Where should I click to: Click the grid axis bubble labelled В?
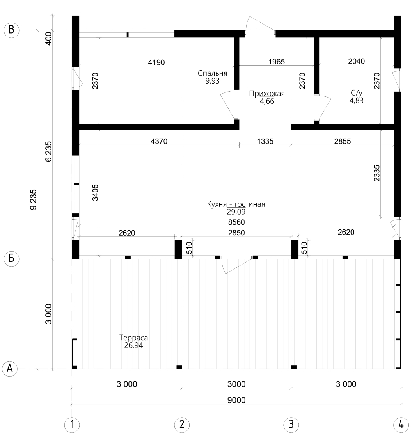coord(11,30)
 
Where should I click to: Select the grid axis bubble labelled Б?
coord(11,259)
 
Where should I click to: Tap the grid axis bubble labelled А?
coord(10,369)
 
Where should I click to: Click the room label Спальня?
coord(212,73)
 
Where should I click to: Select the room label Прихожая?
coord(267,94)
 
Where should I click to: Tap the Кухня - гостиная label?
coord(236,204)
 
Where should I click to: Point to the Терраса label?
coord(133,338)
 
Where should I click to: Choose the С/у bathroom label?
coord(357,93)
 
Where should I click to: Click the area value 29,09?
coord(236,212)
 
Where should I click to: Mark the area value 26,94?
coord(133,345)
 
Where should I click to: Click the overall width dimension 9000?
coord(236,400)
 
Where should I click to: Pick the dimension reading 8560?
coord(236,222)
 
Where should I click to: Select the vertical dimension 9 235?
coord(34,199)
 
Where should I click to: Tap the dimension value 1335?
coord(265,141)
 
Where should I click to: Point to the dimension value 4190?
coord(156,62)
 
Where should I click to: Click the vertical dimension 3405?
coord(95,192)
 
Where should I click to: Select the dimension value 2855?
coord(342,141)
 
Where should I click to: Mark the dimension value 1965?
coord(277,61)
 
